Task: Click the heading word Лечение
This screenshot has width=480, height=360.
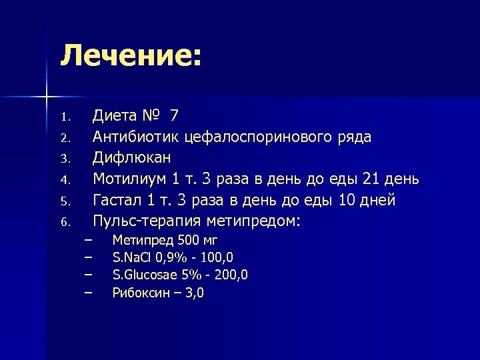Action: pyautogui.click(x=127, y=55)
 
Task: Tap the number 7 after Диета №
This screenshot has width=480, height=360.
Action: pyautogui.click(x=174, y=115)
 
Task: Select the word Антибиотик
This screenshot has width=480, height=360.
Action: pyautogui.click(x=136, y=137)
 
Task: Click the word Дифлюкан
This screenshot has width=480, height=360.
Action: pyautogui.click(x=132, y=158)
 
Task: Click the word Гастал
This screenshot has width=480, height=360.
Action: pyautogui.click(x=117, y=200)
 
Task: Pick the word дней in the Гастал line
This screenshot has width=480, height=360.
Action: pyautogui.click(x=379, y=200)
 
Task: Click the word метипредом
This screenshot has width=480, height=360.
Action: pyautogui.click(x=262, y=221)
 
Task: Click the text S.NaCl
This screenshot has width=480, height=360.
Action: pyautogui.click(x=132, y=257)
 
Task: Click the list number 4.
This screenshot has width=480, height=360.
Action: pyautogui.click(x=65, y=180)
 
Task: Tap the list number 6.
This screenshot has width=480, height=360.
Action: pyautogui.click(x=65, y=223)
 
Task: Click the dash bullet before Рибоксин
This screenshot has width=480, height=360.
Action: pyautogui.click(x=87, y=291)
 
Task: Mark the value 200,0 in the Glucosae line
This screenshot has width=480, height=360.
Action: pyautogui.click(x=234, y=275)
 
